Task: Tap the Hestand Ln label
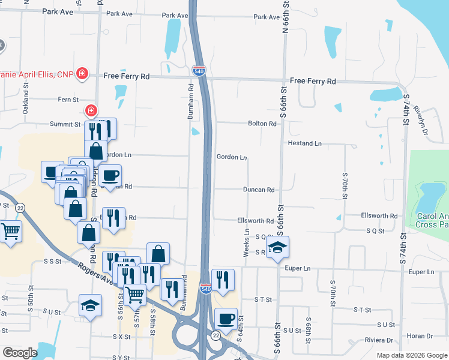click(305, 143)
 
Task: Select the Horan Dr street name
click(420, 335)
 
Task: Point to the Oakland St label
click(26, 95)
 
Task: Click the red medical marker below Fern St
click(91, 111)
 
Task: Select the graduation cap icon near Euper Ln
click(277, 247)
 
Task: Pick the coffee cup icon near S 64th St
click(226, 318)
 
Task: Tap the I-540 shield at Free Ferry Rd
click(199, 70)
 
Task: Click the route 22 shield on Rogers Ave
click(20, 208)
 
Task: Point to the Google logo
click(20, 353)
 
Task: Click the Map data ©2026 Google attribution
click(412, 356)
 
